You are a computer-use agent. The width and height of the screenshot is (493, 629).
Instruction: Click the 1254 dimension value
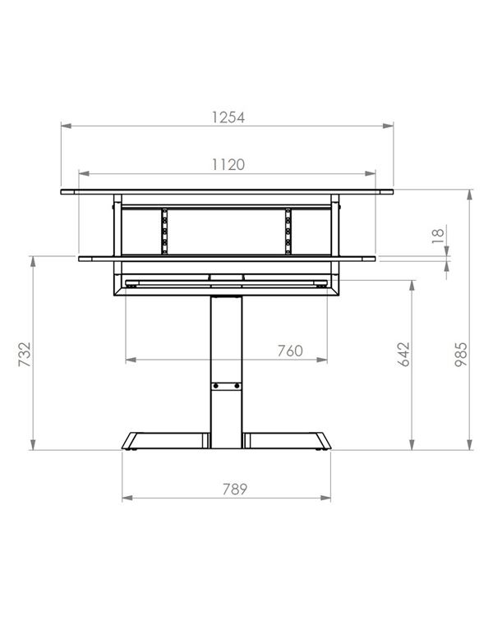pos(228,117)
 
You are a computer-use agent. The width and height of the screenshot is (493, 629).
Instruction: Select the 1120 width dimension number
pos(228,164)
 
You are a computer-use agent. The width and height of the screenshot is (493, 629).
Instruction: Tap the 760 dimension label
pos(290,351)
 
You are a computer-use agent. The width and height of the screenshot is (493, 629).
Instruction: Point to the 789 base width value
pos(235,489)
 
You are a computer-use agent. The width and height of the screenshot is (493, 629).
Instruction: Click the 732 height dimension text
pos(25,354)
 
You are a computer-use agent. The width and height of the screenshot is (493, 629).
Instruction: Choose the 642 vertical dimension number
pos(404,354)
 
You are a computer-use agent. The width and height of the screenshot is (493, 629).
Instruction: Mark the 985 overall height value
pos(461,354)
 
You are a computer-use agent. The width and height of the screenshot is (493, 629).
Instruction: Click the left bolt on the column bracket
pos(216,386)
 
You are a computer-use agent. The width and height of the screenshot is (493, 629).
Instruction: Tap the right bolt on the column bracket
pos(237,386)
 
